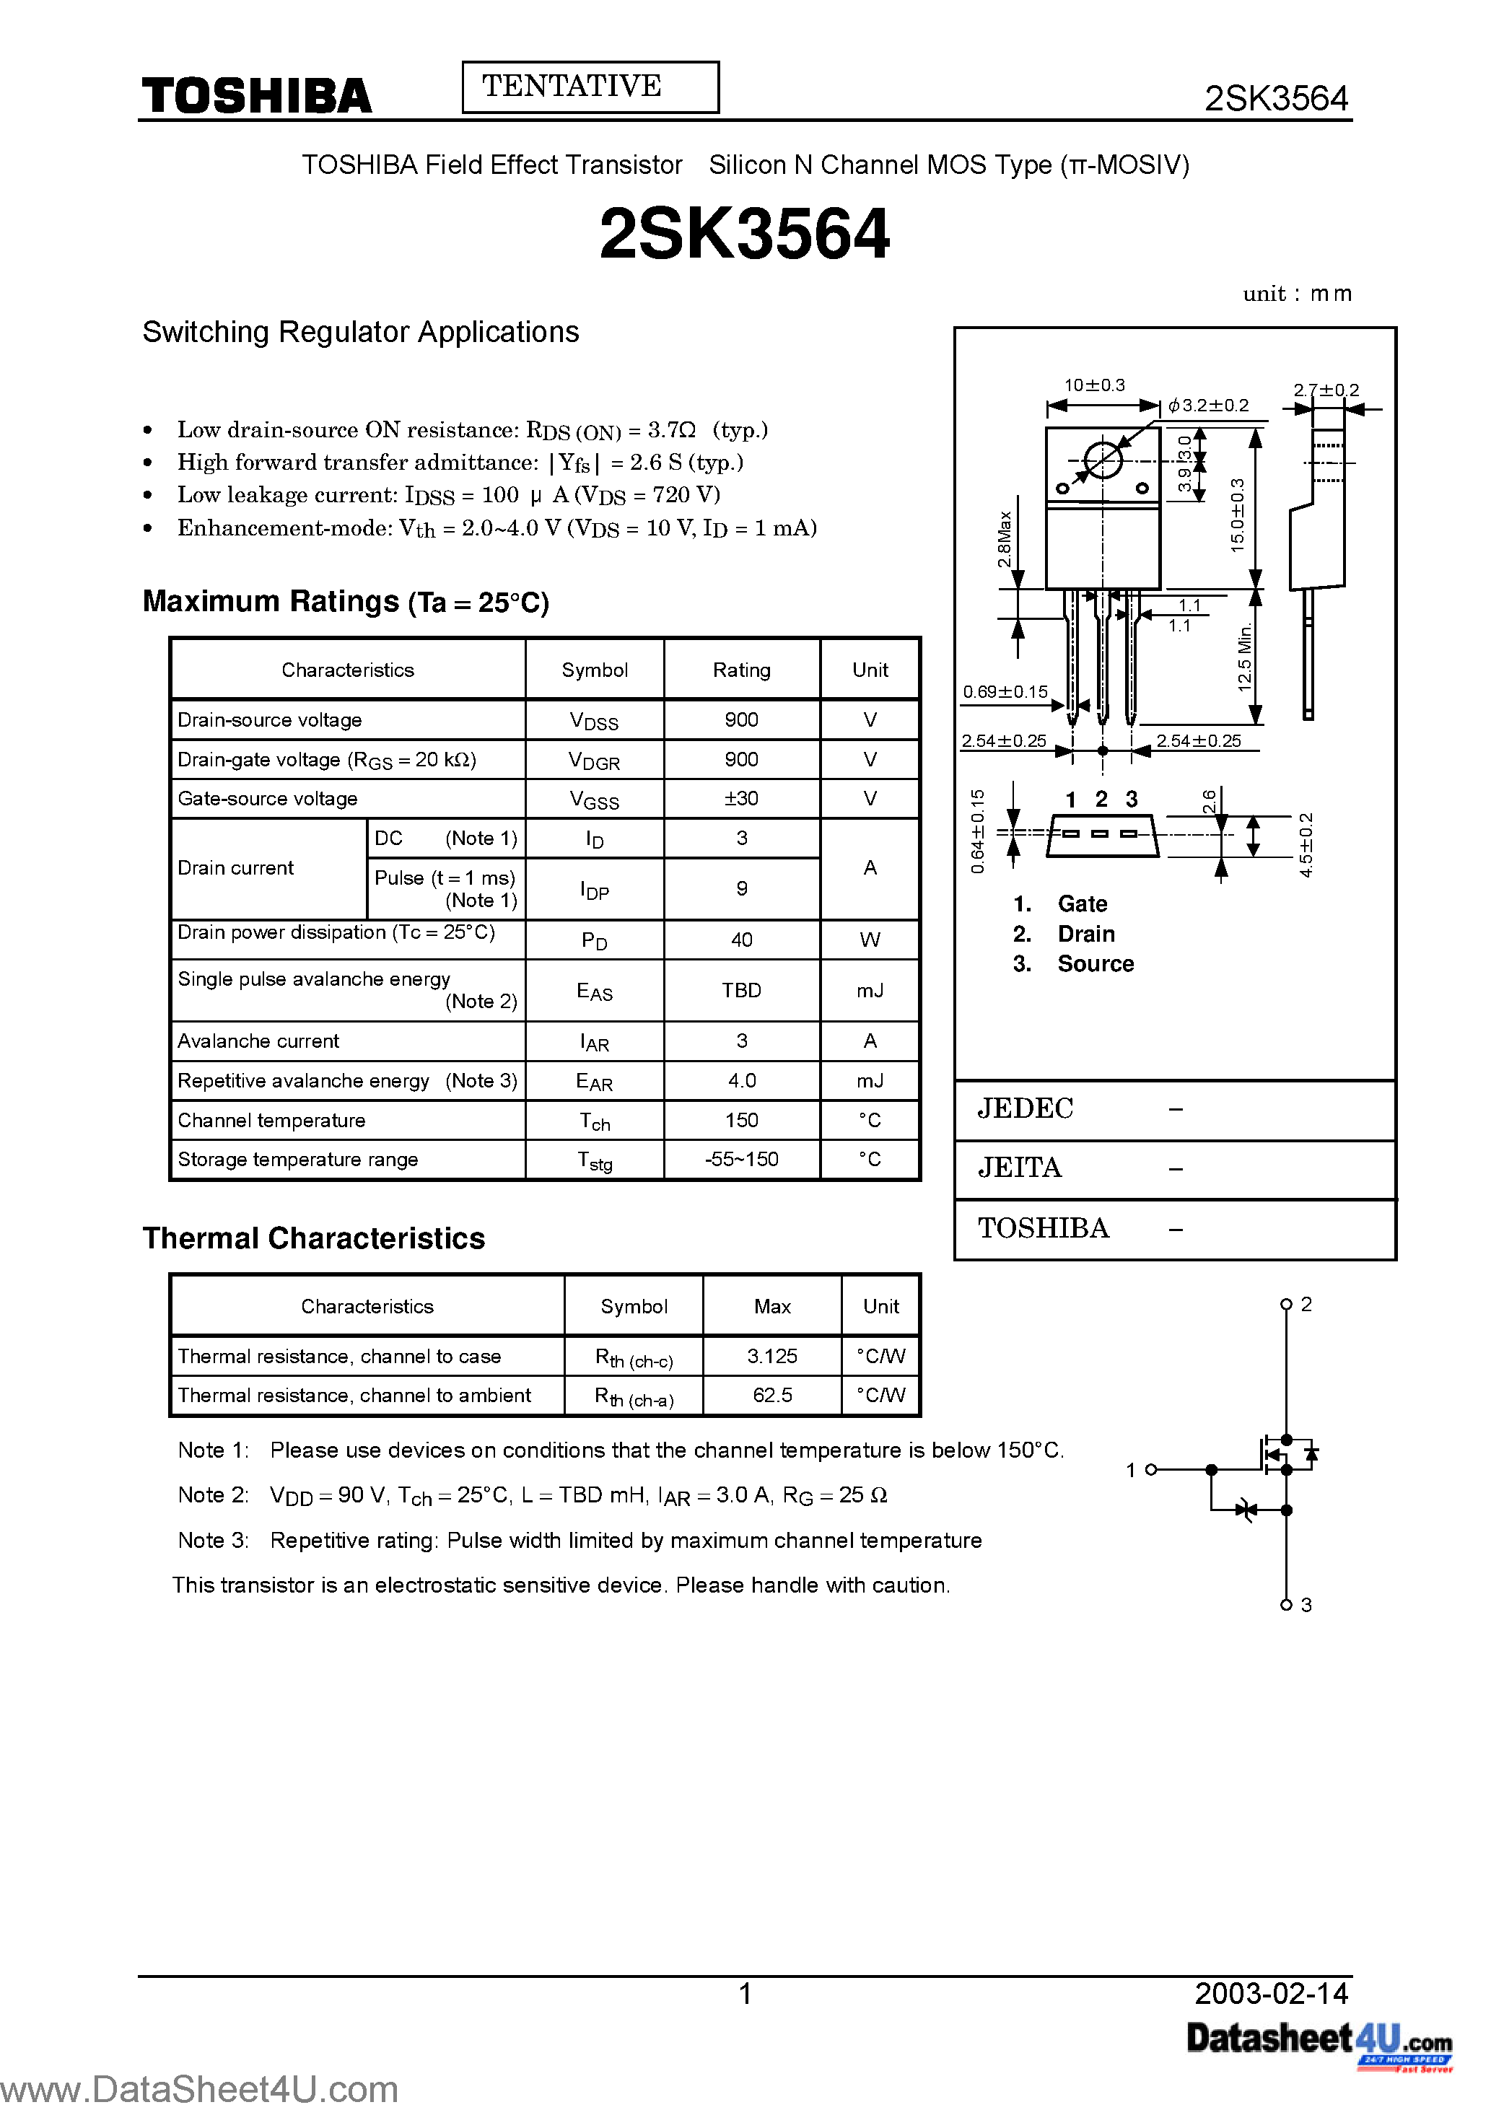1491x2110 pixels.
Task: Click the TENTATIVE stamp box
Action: (x=590, y=87)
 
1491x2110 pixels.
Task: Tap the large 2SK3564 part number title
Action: (x=745, y=235)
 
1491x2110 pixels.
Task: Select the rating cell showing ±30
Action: (x=741, y=799)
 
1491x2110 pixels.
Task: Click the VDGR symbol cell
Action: (x=594, y=760)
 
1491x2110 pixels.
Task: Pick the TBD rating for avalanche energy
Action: (x=741, y=991)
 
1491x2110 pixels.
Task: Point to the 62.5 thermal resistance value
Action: (x=772, y=1395)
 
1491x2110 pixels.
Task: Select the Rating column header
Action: (x=741, y=670)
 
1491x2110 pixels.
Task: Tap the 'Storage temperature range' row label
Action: (x=298, y=1160)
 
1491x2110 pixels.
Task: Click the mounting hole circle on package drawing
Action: (x=1102, y=460)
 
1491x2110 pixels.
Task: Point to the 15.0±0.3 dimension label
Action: (x=1237, y=515)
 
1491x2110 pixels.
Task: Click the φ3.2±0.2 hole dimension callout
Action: (x=1209, y=406)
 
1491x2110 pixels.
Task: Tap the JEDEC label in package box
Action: (x=1025, y=1108)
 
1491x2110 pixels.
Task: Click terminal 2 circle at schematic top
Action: (x=1286, y=1305)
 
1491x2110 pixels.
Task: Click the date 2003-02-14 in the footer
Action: (x=1272, y=1993)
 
